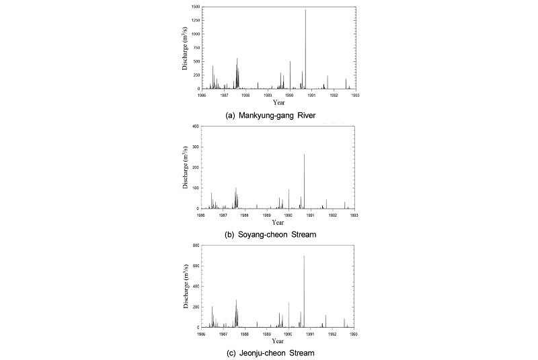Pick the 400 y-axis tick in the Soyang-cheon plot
click(x=194, y=127)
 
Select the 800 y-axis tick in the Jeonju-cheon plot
click(x=194, y=246)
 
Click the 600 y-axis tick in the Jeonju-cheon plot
click(x=194, y=266)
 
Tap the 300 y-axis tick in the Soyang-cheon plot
click(x=194, y=147)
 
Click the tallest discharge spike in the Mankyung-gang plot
click(x=305, y=10)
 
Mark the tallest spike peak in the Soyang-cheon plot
click(x=304, y=155)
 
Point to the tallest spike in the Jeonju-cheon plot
click(x=304, y=256)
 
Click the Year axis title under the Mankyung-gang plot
click(x=278, y=102)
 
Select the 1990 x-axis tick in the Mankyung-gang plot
click(x=289, y=95)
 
